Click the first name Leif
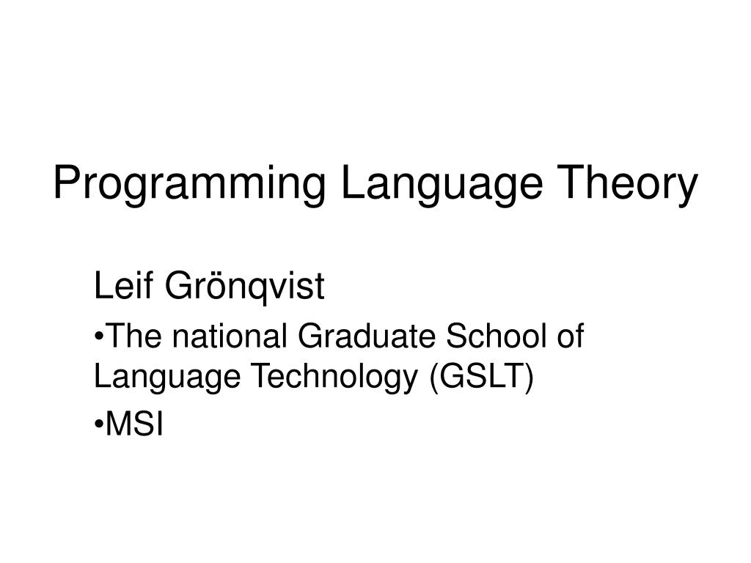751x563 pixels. click(122, 287)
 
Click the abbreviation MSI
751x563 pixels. click(136, 424)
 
